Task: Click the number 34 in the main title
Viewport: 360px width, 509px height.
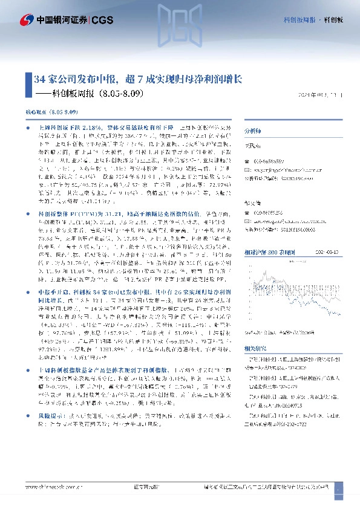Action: pyautogui.click(x=39, y=79)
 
